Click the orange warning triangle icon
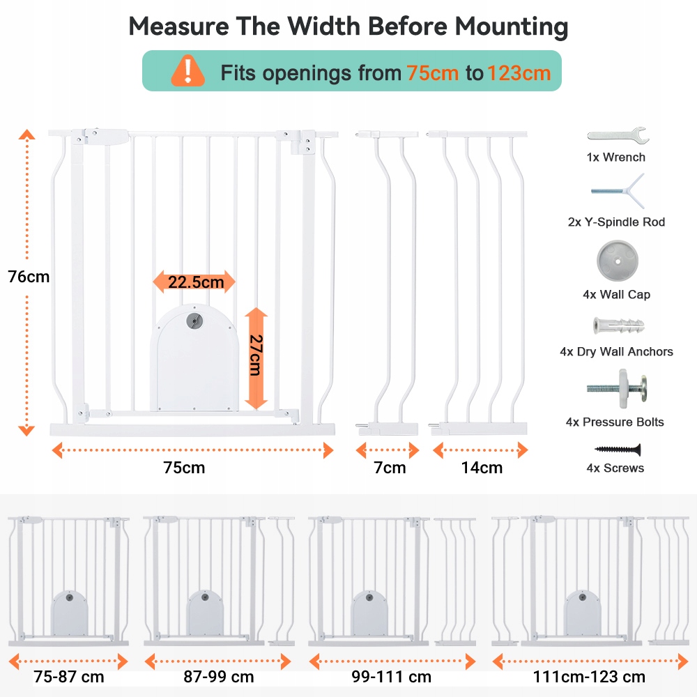coord(188,71)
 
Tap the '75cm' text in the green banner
coord(433,72)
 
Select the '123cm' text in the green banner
coord(519,72)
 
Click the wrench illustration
coord(618,135)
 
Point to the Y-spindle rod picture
coord(617,190)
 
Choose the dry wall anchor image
coord(617,325)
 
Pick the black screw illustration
coord(617,450)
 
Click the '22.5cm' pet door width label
coord(194,282)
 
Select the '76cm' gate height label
coord(29,277)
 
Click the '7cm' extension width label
coord(390,468)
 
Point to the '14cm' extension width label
coord(481,468)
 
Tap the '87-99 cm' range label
coord(219,676)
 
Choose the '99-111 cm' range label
coord(391,676)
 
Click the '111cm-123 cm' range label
coord(589,676)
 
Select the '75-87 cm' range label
coord(68,676)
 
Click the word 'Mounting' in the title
coord(511,26)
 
